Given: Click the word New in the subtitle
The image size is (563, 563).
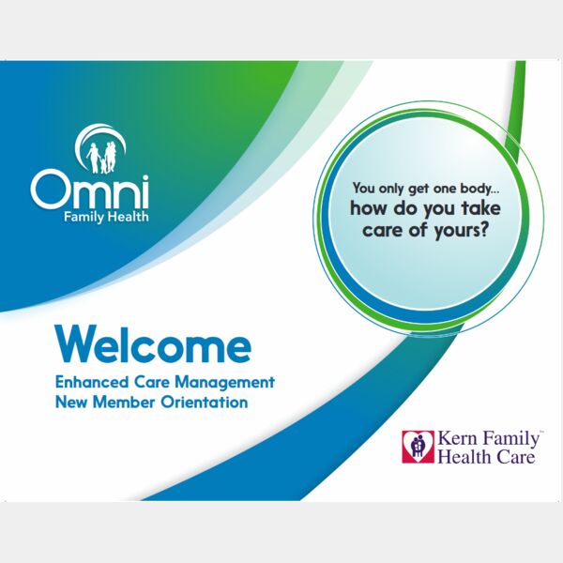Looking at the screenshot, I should pyautogui.click(x=71, y=403).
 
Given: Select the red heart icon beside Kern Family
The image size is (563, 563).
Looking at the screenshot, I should pyautogui.click(x=418, y=447).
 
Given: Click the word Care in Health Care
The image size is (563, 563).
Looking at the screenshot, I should pyautogui.click(x=514, y=458).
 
